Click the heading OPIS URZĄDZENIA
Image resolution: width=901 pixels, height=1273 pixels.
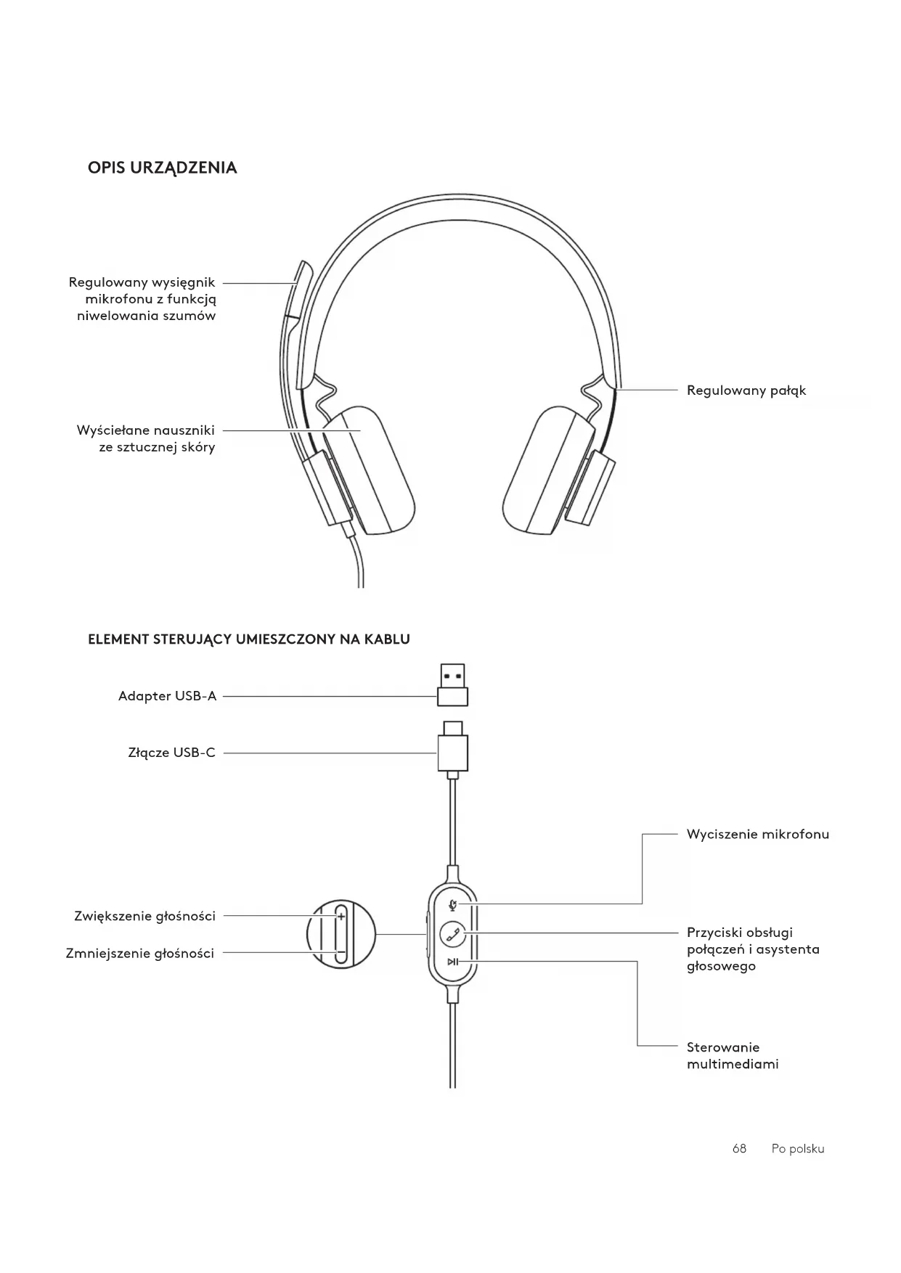[162, 168]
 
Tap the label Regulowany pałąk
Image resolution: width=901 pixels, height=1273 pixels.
[746, 390]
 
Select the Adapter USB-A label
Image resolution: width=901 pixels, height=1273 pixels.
[167, 696]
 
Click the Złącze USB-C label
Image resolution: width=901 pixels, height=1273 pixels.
[171, 753]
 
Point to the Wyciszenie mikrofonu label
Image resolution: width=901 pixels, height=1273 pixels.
[757, 834]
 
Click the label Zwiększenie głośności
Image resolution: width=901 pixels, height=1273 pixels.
[144, 916]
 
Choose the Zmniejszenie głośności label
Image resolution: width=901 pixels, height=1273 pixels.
[140, 953]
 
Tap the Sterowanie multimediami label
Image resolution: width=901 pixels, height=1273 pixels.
[732, 1056]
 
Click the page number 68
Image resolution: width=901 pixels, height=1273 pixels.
[739, 1149]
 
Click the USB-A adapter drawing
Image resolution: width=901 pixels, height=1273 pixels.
[452, 684]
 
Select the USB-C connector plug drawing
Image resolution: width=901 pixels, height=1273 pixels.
[452, 749]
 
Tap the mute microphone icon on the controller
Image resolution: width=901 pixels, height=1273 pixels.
[453, 904]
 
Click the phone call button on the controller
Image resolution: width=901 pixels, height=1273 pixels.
[453, 933]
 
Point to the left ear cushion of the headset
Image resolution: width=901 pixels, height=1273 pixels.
[369, 471]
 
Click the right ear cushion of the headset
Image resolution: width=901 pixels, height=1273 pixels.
[546, 471]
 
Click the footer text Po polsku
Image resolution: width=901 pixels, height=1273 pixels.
[797, 1149]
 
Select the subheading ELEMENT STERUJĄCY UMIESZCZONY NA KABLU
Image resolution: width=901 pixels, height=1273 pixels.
[248, 639]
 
